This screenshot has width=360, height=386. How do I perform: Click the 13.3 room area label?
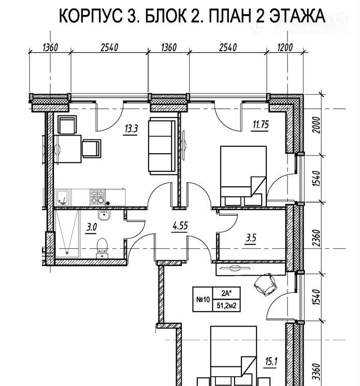pos(131,129)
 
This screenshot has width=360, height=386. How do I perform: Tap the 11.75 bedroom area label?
pos(261,125)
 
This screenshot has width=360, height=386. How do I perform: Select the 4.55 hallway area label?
pos(180,226)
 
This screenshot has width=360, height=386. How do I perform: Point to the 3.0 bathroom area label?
pos(91,228)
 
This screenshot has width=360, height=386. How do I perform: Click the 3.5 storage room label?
pos(251,238)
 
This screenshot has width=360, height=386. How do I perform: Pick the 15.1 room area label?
pos(271,362)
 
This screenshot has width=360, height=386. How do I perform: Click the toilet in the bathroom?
pos(102,248)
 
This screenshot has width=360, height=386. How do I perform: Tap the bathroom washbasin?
pos(104,215)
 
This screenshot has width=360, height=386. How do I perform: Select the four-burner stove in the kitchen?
pos(97,197)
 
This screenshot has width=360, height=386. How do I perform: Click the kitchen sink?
pos(63,198)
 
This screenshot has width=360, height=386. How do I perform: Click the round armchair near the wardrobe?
pos(265,285)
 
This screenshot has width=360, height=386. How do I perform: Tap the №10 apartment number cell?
pos(203,300)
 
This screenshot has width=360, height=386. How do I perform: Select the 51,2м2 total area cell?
pos(226,306)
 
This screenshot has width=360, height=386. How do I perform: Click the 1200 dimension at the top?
pos(285,47)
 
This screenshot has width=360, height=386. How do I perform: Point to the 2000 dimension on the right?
pos(317,125)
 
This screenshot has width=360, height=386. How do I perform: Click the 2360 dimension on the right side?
pos(317,238)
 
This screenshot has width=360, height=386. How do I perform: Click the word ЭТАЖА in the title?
pos(298,16)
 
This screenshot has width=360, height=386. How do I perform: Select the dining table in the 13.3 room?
pos(68,149)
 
